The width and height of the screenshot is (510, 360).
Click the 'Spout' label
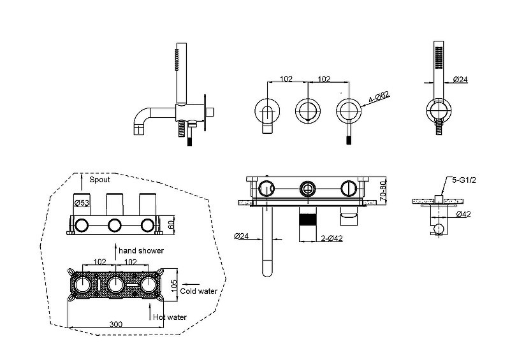pyautogui.click(x=99, y=180)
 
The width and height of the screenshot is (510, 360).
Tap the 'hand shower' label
pyautogui.click(x=141, y=251)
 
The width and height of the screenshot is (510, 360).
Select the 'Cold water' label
pyautogui.click(x=198, y=291)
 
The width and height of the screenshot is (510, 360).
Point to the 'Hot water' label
pyautogui.click(x=170, y=317)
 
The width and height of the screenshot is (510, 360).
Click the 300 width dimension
pyautogui.click(x=116, y=324)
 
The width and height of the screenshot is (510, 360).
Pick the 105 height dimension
pyautogui.click(x=174, y=286)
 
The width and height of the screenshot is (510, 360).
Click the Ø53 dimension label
pyautogui.click(x=82, y=203)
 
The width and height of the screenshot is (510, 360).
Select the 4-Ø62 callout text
pyautogui.click(x=379, y=97)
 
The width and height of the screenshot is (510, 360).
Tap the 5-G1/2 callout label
pyautogui.click(x=464, y=180)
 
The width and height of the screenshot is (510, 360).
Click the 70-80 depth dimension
pyautogui.click(x=383, y=191)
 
